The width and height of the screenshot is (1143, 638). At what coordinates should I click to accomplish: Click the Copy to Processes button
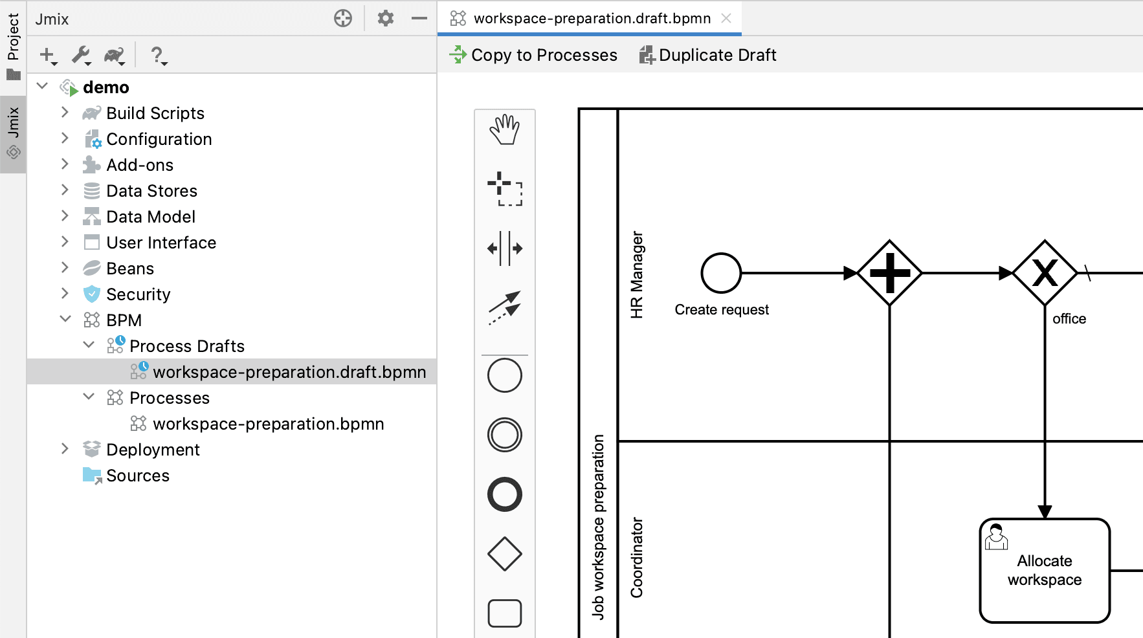(533, 55)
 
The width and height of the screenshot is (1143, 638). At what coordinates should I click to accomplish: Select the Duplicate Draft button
(708, 55)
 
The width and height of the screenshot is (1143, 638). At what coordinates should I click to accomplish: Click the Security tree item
(138, 294)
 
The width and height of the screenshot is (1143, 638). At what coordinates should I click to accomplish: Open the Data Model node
(150, 217)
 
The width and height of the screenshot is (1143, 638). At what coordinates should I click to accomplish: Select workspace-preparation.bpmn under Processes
(268, 424)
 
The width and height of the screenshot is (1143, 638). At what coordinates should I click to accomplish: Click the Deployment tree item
(153, 450)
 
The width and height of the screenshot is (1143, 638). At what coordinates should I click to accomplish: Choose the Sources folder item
(137, 476)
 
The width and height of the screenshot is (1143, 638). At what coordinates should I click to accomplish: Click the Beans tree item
(130, 269)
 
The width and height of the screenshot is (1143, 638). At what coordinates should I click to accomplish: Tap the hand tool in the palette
(504, 130)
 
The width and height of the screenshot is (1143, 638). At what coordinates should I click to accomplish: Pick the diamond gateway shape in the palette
(504, 554)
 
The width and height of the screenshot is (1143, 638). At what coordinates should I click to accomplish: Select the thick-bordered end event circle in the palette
(504, 494)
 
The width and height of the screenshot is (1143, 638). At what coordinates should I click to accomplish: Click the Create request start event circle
(721, 273)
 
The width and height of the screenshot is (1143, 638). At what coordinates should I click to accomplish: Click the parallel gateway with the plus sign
(890, 273)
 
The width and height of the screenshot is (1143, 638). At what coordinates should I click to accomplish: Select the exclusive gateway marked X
(1045, 273)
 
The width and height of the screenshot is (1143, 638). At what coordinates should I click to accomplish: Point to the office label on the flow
(1069, 318)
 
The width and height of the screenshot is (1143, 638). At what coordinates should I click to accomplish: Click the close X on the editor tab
(726, 18)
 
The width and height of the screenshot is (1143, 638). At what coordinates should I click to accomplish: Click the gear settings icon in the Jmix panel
(386, 18)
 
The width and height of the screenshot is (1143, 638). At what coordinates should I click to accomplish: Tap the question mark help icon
(157, 56)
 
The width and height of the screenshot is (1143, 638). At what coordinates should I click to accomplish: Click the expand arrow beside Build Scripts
(65, 113)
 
